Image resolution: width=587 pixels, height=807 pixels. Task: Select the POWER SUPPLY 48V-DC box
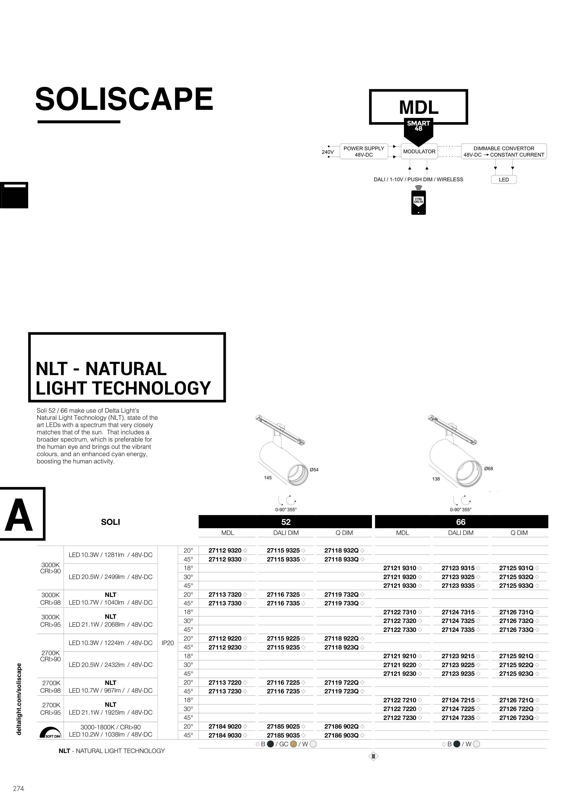point(363,152)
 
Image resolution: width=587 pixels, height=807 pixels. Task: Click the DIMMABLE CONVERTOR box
point(503,152)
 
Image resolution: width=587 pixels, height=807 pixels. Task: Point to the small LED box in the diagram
point(503,180)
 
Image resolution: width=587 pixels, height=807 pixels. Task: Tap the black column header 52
point(286,522)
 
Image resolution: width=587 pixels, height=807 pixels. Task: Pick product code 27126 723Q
point(516,718)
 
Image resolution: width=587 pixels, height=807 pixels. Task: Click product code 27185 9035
point(283,735)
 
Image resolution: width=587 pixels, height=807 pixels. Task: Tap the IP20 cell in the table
point(168,643)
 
